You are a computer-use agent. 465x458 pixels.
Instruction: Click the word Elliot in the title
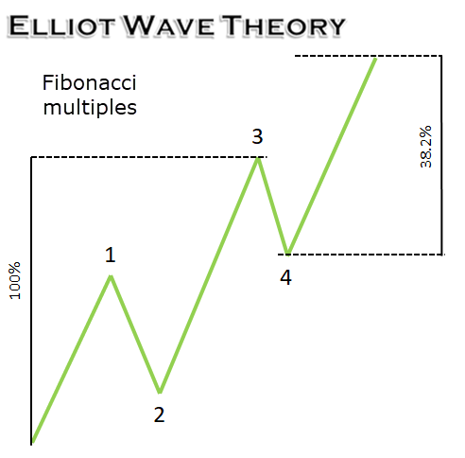(x=61, y=26)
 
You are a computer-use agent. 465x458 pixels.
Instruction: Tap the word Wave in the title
(x=169, y=26)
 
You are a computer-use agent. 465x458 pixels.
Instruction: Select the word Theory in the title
(x=283, y=26)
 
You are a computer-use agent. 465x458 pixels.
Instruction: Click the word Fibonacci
(x=90, y=83)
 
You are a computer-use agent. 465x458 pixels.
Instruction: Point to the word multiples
(x=90, y=108)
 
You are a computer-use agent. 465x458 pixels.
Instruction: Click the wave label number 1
(x=111, y=255)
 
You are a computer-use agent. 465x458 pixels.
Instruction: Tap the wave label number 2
(x=159, y=414)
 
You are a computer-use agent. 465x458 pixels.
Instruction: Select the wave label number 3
(x=257, y=136)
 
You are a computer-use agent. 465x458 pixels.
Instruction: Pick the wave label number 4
(x=285, y=277)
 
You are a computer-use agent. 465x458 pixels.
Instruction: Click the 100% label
(x=15, y=280)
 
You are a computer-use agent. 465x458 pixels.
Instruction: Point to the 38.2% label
(x=426, y=147)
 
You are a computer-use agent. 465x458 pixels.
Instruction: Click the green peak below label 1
(x=111, y=276)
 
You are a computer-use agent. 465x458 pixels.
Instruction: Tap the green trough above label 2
(x=160, y=392)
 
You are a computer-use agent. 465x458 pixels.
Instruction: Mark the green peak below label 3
(x=258, y=159)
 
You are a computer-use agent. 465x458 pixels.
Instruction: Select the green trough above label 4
(x=287, y=254)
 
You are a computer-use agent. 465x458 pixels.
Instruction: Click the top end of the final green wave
(x=375, y=59)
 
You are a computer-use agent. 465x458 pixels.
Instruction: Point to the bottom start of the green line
(x=33, y=442)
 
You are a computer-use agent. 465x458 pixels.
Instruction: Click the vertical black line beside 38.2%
(x=441, y=155)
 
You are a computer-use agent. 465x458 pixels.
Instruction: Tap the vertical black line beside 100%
(x=31, y=301)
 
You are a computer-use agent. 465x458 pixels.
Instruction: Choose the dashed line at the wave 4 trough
(x=361, y=255)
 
